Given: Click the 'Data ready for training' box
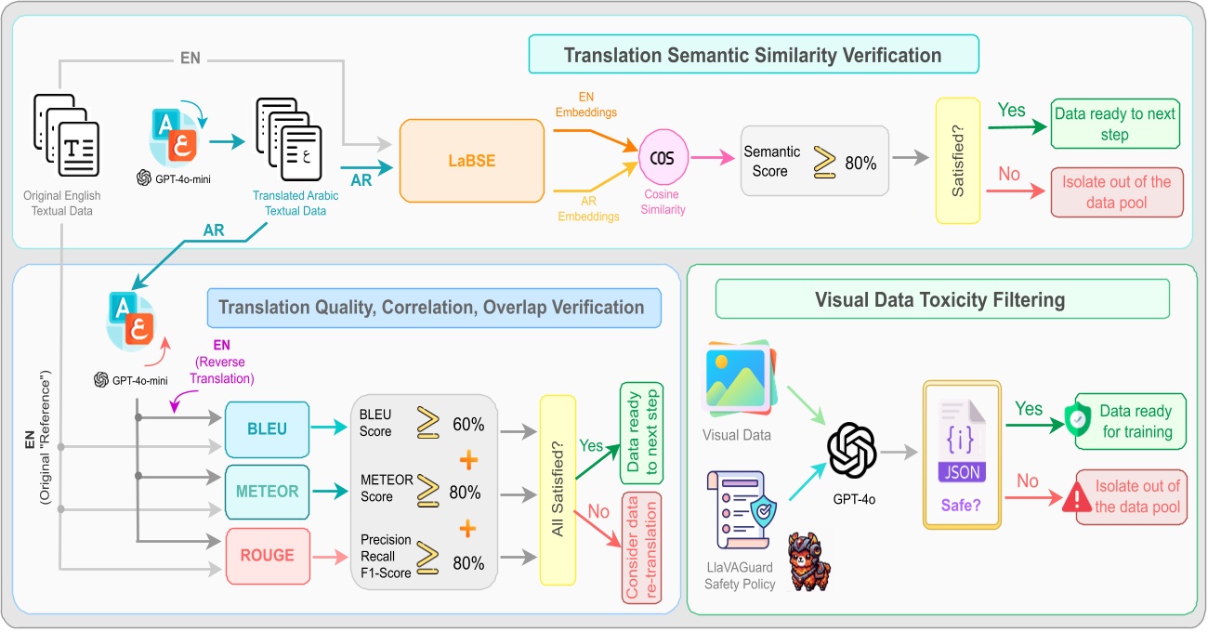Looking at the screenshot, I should [1131, 421].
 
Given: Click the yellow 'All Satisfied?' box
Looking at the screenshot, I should [558, 490].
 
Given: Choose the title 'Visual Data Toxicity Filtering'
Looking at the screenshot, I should [941, 300].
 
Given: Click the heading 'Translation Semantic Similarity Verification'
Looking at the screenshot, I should [753, 55].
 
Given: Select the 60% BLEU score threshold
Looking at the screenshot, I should [468, 425].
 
